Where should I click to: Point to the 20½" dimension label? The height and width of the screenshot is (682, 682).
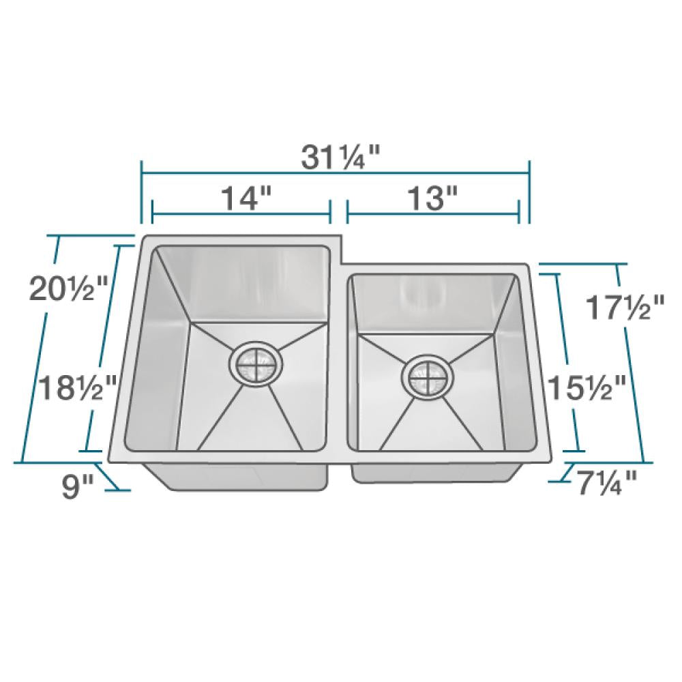[69, 290]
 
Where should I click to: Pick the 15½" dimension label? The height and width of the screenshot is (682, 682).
[591, 389]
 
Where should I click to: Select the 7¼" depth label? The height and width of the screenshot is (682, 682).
[606, 486]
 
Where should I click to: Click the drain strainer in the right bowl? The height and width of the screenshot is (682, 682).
[426, 374]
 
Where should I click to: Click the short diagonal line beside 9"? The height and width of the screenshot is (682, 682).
[110, 477]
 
